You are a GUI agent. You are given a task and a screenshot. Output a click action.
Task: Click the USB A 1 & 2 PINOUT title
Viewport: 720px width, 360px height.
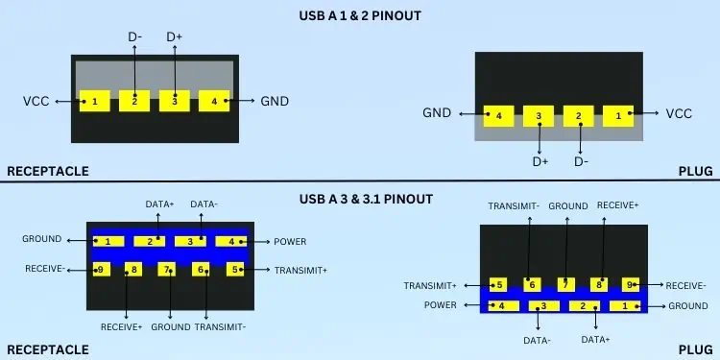point(360,15)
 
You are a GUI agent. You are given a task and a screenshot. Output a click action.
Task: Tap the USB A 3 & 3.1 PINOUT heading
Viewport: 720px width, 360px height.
point(360,199)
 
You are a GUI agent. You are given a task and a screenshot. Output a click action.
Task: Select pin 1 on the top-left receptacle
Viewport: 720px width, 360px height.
point(94,100)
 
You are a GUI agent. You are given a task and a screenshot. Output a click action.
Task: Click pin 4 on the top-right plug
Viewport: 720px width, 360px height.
point(498,116)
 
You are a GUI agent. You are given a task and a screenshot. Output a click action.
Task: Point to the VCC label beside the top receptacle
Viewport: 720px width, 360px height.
point(36,101)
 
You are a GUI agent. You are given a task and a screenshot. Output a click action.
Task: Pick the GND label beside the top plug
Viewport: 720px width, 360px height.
point(437,114)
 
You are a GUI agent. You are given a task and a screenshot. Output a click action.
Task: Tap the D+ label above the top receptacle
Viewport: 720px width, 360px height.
point(175,36)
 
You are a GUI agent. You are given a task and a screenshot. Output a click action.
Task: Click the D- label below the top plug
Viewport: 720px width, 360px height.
point(581,160)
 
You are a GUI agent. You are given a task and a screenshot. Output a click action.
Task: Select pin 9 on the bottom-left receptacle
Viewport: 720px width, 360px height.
point(99,270)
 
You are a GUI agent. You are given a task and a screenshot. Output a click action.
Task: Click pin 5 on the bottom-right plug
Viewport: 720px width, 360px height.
point(498,284)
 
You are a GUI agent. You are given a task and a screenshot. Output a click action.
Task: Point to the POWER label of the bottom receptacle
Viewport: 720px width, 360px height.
point(290,241)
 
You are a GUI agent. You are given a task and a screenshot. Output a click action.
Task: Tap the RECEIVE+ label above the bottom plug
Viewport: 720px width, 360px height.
point(618,205)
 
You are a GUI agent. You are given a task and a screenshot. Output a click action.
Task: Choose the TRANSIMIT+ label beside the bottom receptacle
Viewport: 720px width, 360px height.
point(300,271)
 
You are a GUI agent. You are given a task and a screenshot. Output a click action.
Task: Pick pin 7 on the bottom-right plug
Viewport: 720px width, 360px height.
point(566,284)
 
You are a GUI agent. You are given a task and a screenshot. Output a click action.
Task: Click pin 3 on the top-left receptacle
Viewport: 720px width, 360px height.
point(175,100)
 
